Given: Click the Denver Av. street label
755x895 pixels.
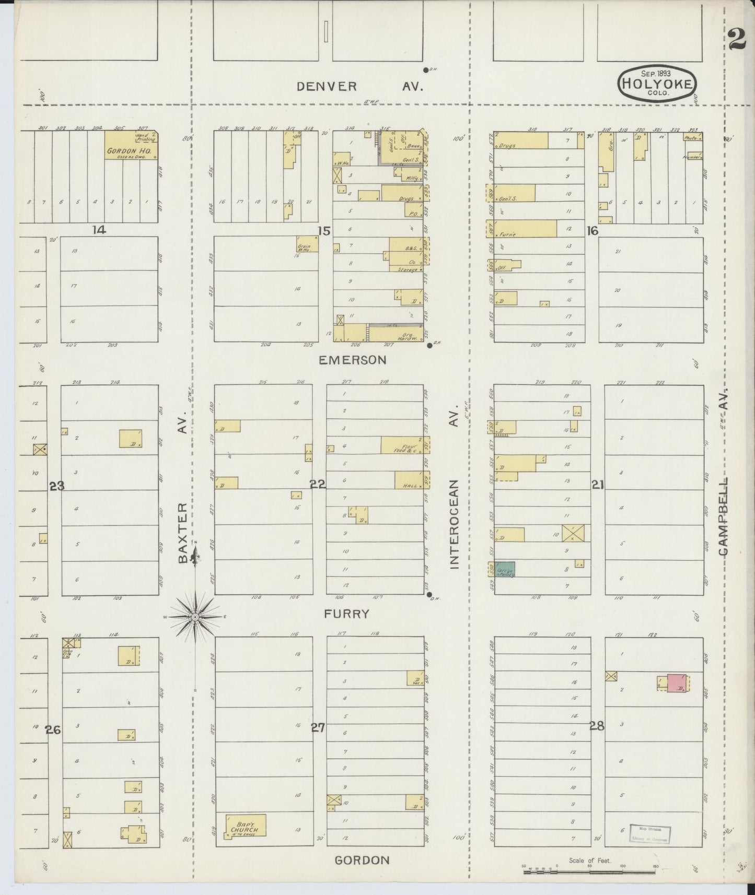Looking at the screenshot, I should pyautogui.click(x=359, y=87).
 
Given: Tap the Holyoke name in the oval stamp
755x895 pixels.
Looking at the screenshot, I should pyautogui.click(x=658, y=84).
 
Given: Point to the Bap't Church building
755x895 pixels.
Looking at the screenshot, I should pyautogui.click(x=246, y=826).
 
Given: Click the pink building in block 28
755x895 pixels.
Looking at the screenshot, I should pyautogui.click(x=677, y=684).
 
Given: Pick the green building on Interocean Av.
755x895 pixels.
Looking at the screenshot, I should pyautogui.click(x=505, y=569).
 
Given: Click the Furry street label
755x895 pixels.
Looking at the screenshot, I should pyautogui.click(x=346, y=614).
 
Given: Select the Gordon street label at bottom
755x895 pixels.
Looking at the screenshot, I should pyautogui.click(x=362, y=861).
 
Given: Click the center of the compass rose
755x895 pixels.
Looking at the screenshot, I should pyautogui.click(x=195, y=617).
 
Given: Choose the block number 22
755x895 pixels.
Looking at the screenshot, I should pyautogui.click(x=318, y=485).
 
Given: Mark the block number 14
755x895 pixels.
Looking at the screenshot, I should pyautogui.click(x=99, y=229).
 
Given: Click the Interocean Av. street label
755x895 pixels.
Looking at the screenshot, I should pyautogui.click(x=454, y=486).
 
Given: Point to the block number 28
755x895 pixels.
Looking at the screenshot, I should pyautogui.click(x=597, y=726).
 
